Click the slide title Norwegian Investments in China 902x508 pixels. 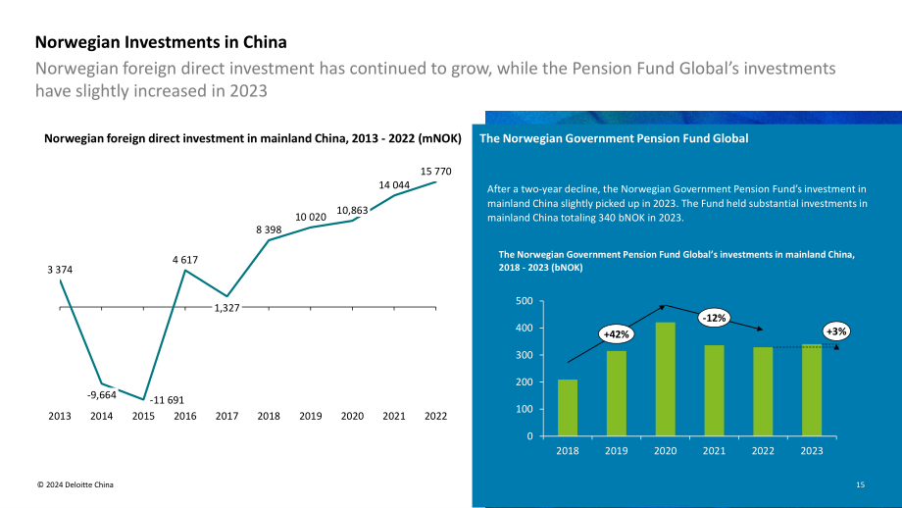tap(161, 42)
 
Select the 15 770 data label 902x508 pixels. tap(435, 172)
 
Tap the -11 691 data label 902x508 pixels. tap(167, 400)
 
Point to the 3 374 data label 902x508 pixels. tap(60, 270)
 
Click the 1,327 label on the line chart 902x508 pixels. tap(226, 308)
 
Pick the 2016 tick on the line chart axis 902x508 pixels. tap(185, 416)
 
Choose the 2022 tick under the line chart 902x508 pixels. tap(435, 416)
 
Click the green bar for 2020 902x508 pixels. tap(666, 379)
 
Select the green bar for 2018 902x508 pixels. tap(568, 407)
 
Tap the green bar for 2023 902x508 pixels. tap(812, 389)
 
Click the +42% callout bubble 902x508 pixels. tap(616, 334)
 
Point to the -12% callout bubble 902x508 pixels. tap(715, 318)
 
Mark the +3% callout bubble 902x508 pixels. tap(836, 331)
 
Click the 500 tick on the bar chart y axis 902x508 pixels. tap(525, 301)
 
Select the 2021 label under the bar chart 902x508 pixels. tap(714, 450)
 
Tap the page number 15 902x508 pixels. tap(860, 484)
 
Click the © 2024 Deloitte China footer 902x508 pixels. tap(75, 484)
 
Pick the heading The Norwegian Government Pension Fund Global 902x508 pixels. tap(614, 138)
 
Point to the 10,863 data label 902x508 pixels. tap(352, 211)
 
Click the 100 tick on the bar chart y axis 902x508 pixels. tap(525, 409)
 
